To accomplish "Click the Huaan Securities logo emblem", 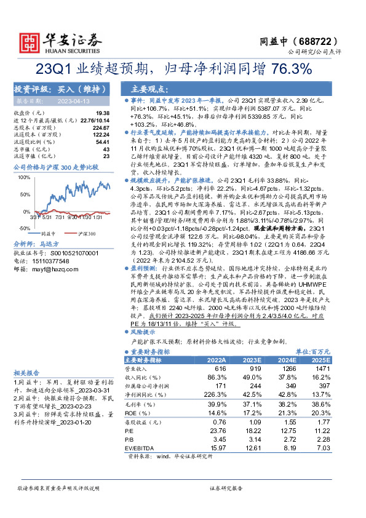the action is click(x=26, y=41).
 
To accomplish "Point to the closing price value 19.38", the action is click(x=102, y=113).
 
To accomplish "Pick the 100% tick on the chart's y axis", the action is click(x=24, y=177).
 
